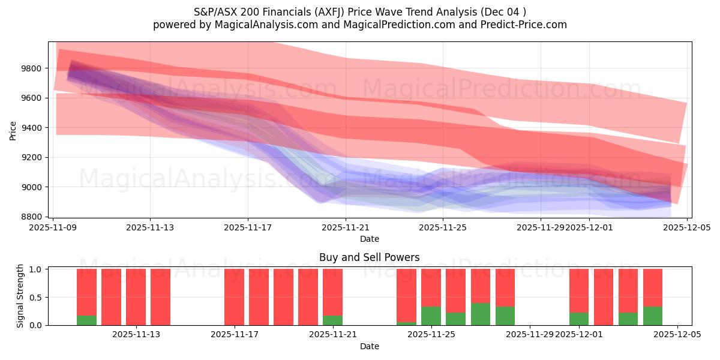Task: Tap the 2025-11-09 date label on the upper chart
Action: click(x=53, y=228)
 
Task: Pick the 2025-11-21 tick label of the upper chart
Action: click(x=346, y=228)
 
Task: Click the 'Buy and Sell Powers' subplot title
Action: click(x=370, y=257)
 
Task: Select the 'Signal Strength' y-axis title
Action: click(x=20, y=296)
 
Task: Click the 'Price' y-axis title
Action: click(x=13, y=130)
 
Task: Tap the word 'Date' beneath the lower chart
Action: click(x=370, y=346)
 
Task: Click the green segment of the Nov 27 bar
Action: click(x=481, y=314)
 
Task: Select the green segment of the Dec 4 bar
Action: click(x=653, y=316)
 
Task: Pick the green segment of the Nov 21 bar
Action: click(x=332, y=320)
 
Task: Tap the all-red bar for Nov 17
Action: click(x=234, y=297)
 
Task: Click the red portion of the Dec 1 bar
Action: click(x=579, y=290)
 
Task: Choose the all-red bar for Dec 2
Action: click(x=604, y=297)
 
